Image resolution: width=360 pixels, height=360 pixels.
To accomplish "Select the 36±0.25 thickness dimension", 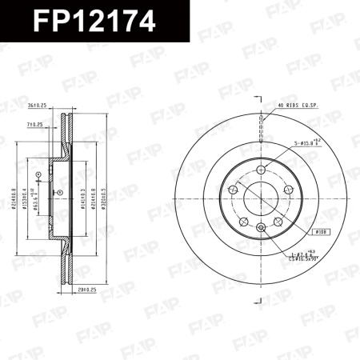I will (x=38, y=105).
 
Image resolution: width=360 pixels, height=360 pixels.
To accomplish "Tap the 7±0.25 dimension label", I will (x=34, y=125).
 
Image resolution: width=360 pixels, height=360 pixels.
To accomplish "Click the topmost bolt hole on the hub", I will (x=262, y=169).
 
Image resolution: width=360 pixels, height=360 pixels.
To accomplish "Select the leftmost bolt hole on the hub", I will (x=233, y=190).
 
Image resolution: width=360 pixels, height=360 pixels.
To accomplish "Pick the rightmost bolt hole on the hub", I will (x=290, y=190).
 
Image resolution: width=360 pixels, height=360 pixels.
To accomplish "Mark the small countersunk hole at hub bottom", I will (x=262, y=229).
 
